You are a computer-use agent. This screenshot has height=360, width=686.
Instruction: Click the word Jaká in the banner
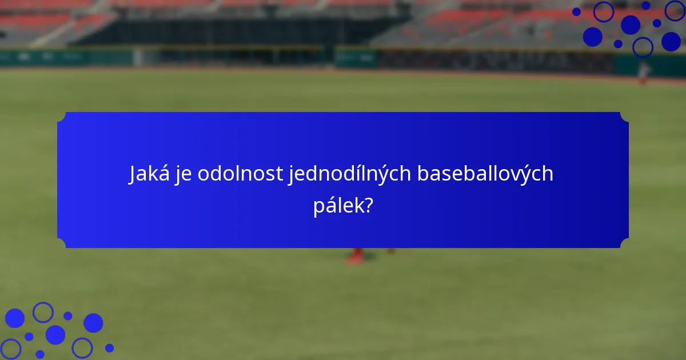tap(146, 174)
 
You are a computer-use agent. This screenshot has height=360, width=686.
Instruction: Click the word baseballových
tap(485, 174)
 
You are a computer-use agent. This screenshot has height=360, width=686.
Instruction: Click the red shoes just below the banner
tap(356, 255)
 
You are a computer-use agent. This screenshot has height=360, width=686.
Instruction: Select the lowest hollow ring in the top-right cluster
tap(643, 47)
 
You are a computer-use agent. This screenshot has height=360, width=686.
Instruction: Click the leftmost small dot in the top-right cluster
tap(576, 11)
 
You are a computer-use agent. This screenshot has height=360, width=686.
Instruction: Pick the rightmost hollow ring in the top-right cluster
tap(675, 10)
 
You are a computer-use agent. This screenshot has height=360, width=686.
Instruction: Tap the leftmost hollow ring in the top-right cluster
tap(603, 11)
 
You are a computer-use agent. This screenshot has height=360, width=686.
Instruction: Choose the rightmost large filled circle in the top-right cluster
tap(671, 41)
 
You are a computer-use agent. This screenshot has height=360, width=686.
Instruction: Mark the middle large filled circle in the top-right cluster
tap(631, 25)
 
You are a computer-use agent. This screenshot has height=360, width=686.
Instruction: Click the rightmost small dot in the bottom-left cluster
tap(109, 347)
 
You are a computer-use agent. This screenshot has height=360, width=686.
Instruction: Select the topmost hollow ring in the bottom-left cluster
tap(43, 312)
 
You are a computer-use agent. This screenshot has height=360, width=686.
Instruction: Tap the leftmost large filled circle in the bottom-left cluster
tap(15, 318)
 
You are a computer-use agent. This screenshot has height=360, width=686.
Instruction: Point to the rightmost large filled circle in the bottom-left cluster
tap(93, 323)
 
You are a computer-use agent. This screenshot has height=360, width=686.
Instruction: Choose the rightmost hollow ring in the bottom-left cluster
tap(82, 347)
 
